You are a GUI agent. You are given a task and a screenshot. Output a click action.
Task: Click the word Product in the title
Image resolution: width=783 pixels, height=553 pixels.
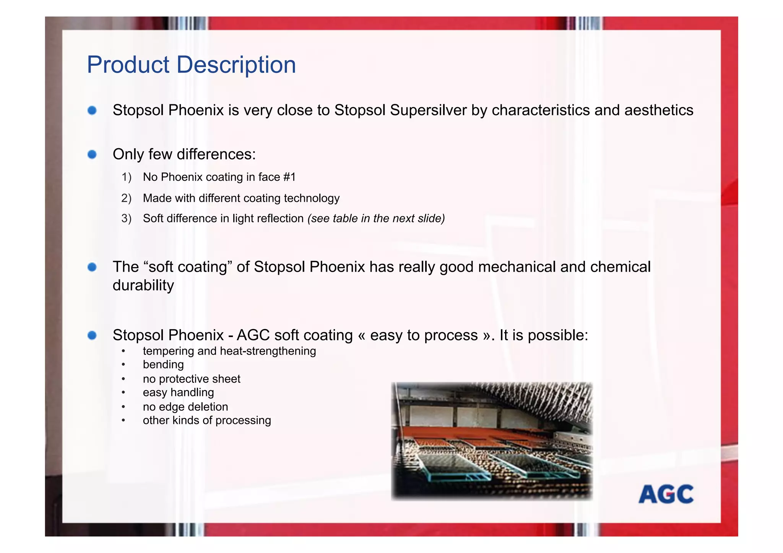128,65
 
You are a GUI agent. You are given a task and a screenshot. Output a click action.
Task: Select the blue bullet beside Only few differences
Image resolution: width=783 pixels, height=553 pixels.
92,154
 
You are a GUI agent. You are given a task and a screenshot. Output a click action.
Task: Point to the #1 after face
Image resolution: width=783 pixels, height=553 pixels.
289,177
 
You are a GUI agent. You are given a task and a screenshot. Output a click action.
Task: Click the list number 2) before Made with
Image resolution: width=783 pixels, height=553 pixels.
126,198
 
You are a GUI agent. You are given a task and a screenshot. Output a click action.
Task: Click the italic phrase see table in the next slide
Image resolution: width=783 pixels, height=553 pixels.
376,218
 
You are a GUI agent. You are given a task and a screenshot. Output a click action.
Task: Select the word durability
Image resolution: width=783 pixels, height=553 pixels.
143,285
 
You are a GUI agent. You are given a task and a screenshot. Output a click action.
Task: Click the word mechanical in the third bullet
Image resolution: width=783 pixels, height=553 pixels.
517,267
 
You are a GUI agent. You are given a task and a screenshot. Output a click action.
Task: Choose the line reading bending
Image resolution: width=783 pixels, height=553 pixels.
163,365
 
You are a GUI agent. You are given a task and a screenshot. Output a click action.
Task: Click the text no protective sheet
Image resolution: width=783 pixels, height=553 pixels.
191,379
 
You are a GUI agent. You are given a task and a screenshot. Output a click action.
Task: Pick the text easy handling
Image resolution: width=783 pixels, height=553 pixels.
178,392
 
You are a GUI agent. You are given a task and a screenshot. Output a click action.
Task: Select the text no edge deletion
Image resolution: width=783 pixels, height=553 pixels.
185,407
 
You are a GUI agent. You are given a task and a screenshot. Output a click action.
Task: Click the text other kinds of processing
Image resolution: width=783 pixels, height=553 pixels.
206,420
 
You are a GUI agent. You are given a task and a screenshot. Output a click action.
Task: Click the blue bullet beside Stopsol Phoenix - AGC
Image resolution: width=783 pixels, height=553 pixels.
92,335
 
